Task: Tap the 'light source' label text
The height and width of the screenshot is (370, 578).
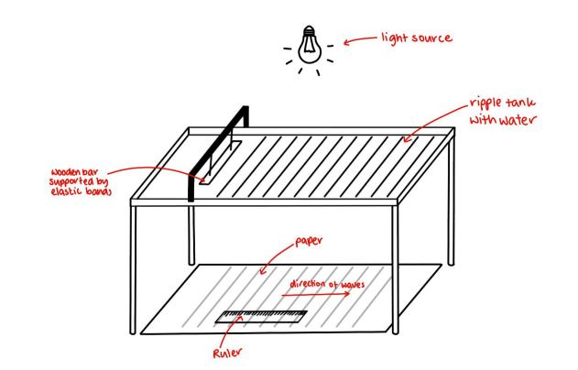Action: pos(417,38)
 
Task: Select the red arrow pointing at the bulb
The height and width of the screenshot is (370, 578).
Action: pos(358,41)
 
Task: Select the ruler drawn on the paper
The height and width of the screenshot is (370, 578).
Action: pos(262,318)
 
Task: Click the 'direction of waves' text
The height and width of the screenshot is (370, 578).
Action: pos(327,285)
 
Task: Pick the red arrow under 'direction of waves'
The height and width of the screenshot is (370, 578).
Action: pos(322,296)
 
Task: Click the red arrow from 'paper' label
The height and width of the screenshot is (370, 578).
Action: pos(276,259)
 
